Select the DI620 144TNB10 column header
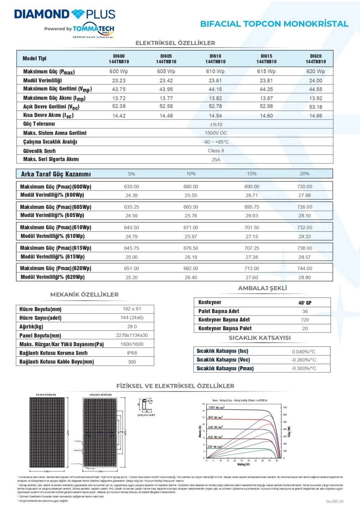point(315,59)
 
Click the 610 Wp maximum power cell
point(215,72)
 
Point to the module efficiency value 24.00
point(315,81)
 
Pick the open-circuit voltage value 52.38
point(119,107)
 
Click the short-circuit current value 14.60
point(266,116)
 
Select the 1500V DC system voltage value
point(216,133)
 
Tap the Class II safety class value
point(216,151)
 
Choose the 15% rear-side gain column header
point(252,174)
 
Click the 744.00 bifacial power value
point(304,268)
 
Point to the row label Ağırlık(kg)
point(31,327)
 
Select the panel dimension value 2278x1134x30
point(132,335)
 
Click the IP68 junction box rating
point(132,353)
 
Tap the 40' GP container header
point(305,303)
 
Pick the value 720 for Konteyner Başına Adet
point(305,320)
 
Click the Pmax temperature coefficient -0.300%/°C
point(304,368)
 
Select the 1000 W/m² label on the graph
point(216,408)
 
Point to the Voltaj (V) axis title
point(243,464)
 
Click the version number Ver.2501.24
point(335,501)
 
